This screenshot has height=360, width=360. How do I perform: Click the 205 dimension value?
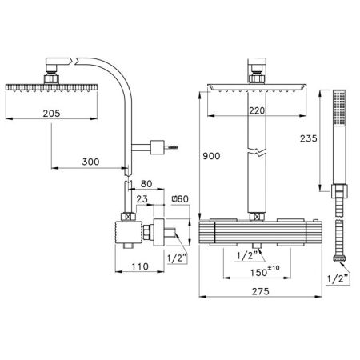[x=51, y=114]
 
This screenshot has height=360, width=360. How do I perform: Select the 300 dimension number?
[x=90, y=162]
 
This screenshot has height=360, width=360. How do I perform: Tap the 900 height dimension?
[x=211, y=156]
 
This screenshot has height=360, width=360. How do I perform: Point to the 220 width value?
[x=257, y=110]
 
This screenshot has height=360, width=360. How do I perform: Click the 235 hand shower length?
[x=309, y=138]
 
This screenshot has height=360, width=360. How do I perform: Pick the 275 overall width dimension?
[x=261, y=291]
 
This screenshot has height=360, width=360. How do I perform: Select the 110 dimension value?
[x=140, y=266]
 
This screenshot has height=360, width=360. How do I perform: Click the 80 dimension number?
[x=146, y=184]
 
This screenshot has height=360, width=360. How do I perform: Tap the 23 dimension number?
[x=142, y=199]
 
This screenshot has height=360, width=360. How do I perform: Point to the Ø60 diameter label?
[x=180, y=199]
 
